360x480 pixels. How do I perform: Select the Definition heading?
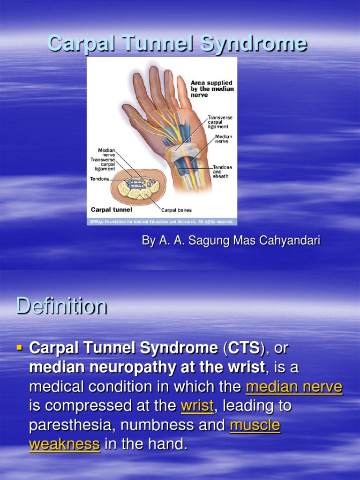[x=61, y=307]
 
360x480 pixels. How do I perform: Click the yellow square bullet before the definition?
[x=20, y=348]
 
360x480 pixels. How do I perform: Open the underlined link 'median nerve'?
[x=294, y=387]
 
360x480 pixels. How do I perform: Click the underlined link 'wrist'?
[x=197, y=406]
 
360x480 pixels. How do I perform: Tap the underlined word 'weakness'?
[x=65, y=444]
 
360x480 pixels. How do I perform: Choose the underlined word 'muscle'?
[x=255, y=425]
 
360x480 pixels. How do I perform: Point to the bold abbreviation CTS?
[x=242, y=348]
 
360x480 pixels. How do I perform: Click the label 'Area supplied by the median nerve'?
[x=212, y=89]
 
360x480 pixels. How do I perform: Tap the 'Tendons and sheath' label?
[x=222, y=172]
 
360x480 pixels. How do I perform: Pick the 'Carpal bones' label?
[x=176, y=210]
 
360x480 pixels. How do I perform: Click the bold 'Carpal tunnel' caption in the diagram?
[x=111, y=210]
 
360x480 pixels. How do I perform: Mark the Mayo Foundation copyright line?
[x=161, y=221]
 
